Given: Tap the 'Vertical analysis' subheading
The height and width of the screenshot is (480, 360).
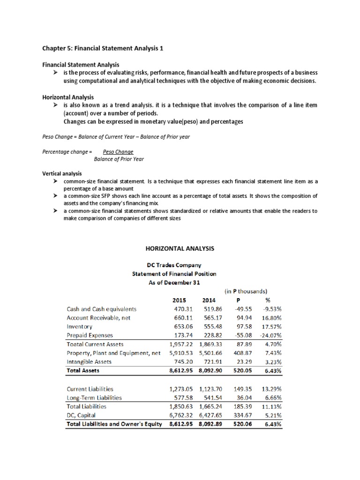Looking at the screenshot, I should pyautogui.click(x=62, y=173).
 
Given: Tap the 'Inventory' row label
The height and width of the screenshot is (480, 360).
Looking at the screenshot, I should pyautogui.click(x=80, y=326).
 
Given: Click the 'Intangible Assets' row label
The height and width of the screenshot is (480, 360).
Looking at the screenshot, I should pyautogui.click(x=89, y=361).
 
